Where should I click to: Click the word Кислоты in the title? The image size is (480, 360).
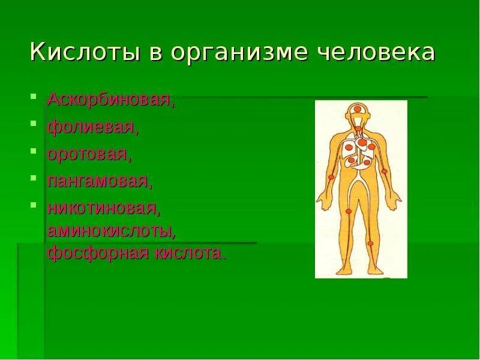click(81, 52)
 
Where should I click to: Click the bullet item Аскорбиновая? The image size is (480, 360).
click(111, 99)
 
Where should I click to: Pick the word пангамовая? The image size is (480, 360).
click(99, 181)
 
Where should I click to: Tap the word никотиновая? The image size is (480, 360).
click(103, 209)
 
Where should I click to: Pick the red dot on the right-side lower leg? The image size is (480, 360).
click(370, 244)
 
